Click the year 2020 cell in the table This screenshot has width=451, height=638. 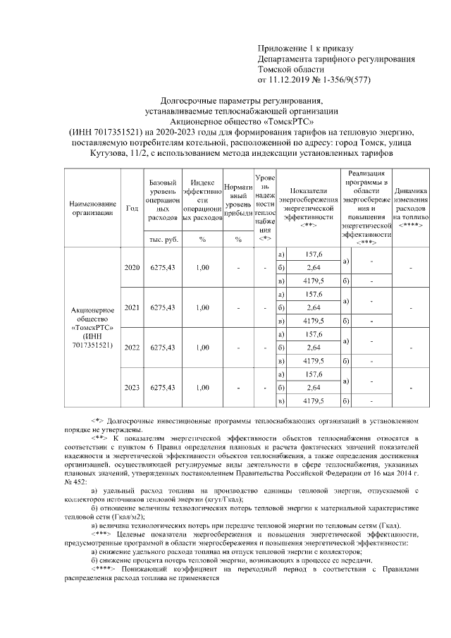click(x=132, y=268)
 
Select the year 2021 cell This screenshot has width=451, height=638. click(x=132, y=307)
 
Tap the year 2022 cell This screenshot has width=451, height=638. click(x=132, y=348)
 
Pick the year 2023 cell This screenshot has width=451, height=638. click(x=132, y=387)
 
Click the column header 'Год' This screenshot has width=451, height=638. click(x=132, y=208)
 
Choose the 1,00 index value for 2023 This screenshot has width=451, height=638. click(x=202, y=387)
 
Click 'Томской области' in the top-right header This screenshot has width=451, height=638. click(x=291, y=70)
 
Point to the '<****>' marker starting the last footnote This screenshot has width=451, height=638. click(x=103, y=568)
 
